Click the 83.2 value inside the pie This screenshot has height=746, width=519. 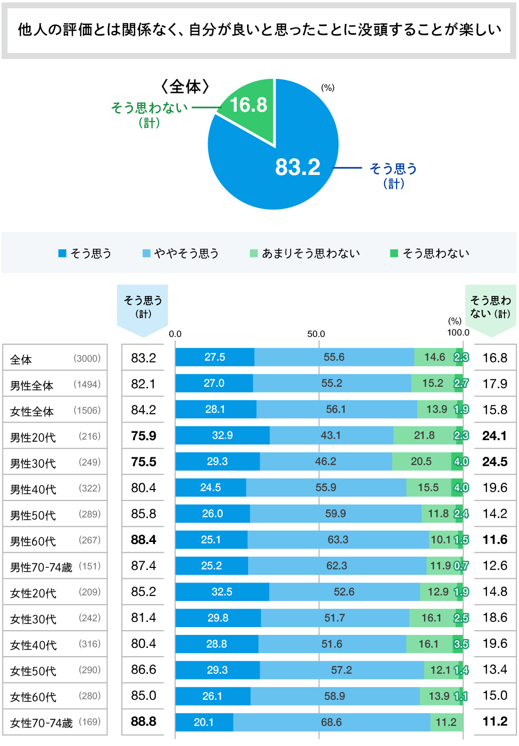point(297,167)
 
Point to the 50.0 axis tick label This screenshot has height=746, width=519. point(316,334)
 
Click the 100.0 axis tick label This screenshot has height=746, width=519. point(458,333)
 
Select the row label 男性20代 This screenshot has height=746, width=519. point(33,437)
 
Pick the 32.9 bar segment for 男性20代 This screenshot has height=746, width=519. point(222,436)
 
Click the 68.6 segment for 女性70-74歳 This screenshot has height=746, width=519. point(331,722)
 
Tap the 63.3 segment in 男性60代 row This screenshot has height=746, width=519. point(338,540)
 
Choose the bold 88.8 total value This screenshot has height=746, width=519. point(144,722)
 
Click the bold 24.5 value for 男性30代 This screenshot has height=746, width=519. point(495,462)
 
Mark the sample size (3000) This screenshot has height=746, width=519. point(87,358)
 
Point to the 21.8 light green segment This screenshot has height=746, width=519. point(424,436)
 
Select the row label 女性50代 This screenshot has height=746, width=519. point(33,671)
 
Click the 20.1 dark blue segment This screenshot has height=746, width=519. point(203,722)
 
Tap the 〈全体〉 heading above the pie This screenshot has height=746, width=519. point(185,86)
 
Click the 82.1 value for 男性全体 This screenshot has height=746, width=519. point(144,384)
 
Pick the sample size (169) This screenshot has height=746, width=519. point(90,722)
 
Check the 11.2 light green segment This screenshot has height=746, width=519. point(446,722)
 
